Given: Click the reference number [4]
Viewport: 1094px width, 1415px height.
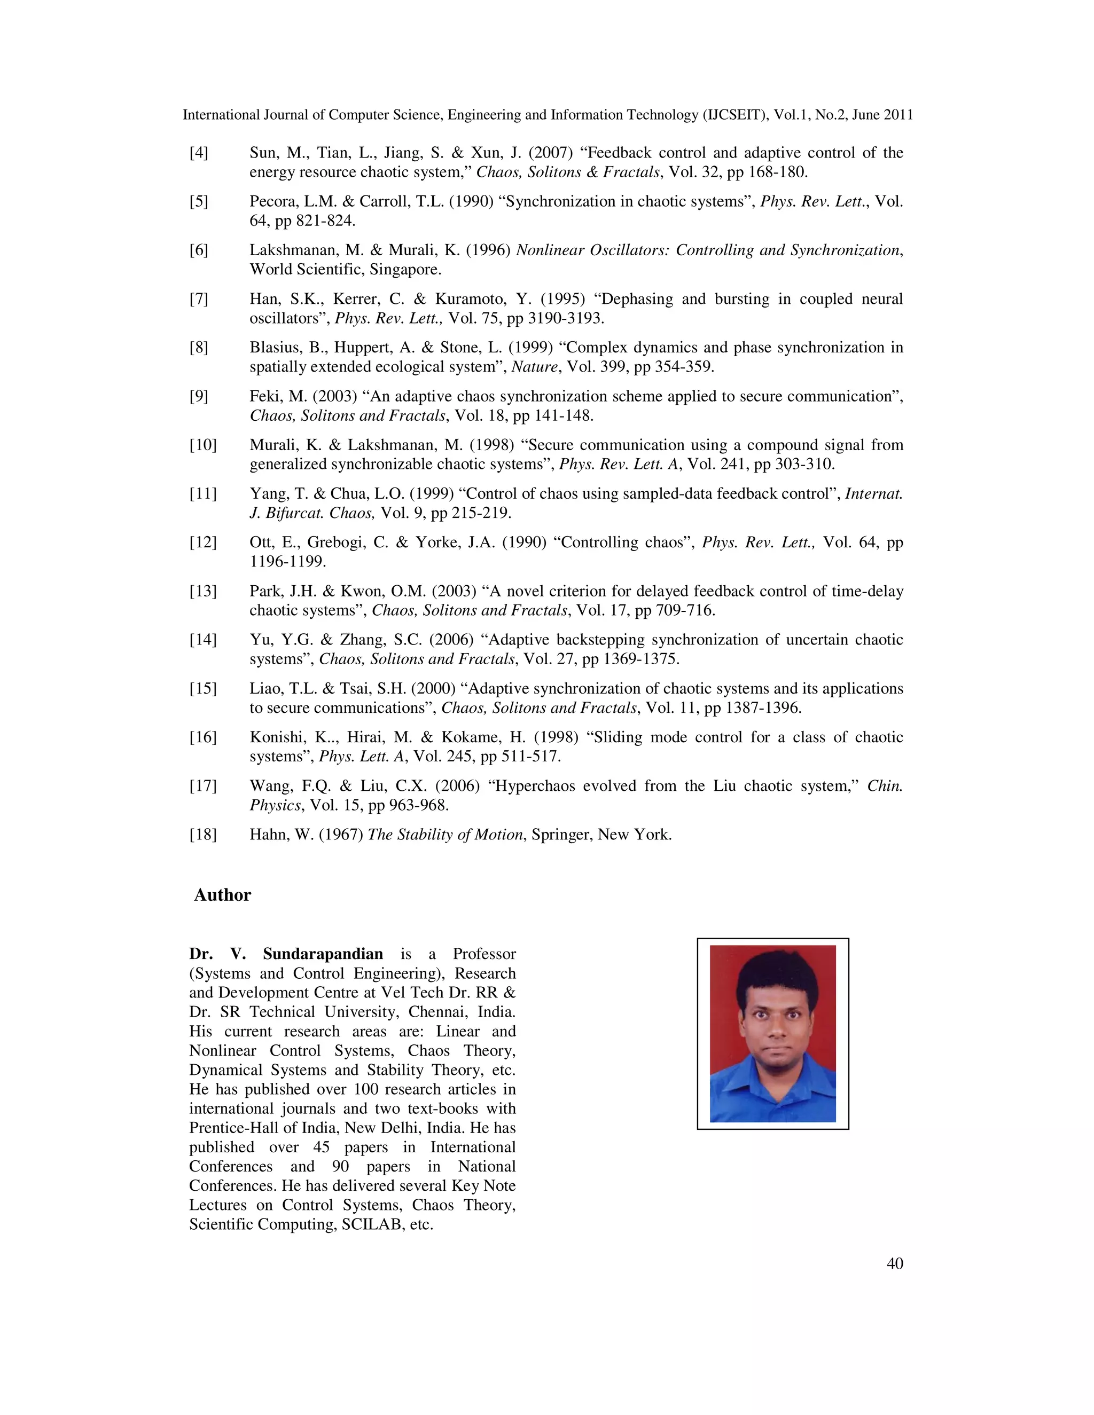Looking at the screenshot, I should point(198,153).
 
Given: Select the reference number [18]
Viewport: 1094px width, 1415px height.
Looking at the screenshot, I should point(202,835).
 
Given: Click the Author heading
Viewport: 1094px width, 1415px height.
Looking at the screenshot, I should point(222,895).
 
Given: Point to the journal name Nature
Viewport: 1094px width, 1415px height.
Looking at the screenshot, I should point(534,367).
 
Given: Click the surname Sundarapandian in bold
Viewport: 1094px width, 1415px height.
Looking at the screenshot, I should point(323,954).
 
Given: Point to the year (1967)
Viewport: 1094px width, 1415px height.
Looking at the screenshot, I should point(340,835).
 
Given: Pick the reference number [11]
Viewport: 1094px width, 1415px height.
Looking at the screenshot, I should point(202,494).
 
